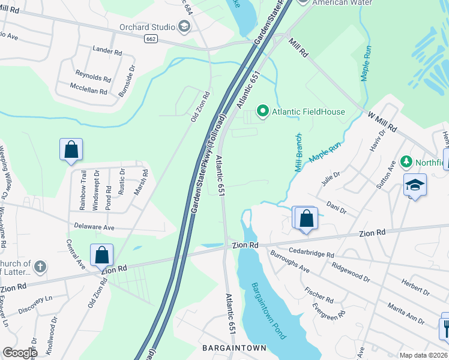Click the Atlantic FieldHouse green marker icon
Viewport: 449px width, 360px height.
pos(262,111)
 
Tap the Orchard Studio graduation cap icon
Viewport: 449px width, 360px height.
pos(184,26)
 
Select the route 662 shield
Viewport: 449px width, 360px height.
pos(151,38)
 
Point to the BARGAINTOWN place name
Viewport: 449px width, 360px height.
pos(234,348)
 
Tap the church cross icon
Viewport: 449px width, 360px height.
pos(40,266)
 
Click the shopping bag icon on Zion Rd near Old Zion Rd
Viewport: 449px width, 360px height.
pos(102,254)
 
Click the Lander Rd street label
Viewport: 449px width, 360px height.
pos(107,50)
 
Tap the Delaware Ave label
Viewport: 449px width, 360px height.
pos(94,228)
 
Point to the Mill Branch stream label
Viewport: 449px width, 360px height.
pos(298,154)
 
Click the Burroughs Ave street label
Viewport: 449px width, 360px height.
pos(289,262)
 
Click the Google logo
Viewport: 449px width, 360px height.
pos(20,353)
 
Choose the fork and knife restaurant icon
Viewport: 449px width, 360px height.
pos(445,327)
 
